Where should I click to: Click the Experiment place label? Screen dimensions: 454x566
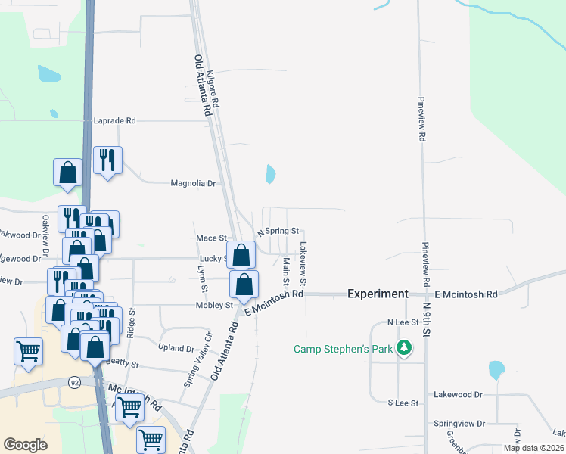pyautogui.click(x=378, y=294)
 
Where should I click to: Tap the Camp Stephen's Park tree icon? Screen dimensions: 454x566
pyautogui.click(x=406, y=348)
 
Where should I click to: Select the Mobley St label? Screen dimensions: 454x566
pyautogui.click(x=217, y=306)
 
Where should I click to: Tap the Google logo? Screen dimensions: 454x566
pyautogui.click(x=26, y=444)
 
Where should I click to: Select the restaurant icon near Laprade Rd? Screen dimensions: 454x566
pyautogui.click(x=107, y=160)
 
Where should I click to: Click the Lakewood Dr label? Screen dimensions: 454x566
pyautogui.click(x=458, y=394)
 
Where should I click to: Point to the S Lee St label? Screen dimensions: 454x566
pyautogui.click(x=403, y=403)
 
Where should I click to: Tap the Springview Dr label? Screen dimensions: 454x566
pyautogui.click(x=458, y=424)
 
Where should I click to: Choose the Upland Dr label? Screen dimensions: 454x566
pyautogui.click(x=178, y=348)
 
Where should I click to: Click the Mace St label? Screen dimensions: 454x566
pyautogui.click(x=211, y=238)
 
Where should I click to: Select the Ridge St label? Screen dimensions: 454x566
pyautogui.click(x=132, y=322)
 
